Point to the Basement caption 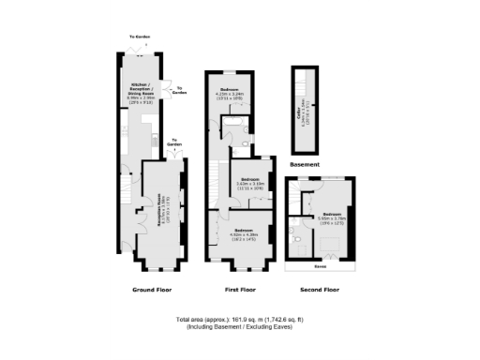coord(305,164)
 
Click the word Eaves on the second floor coord(320,265)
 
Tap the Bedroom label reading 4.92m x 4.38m coord(244,234)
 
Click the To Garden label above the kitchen coord(140,37)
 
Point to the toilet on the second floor coord(297,240)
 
